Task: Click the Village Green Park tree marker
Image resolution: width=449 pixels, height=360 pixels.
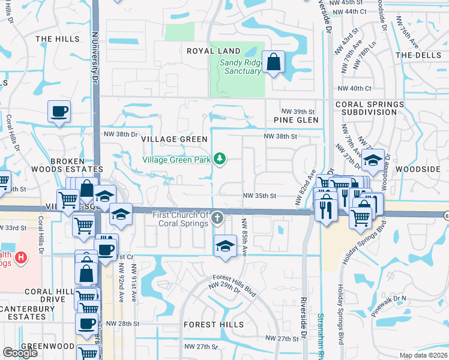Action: point(220,158)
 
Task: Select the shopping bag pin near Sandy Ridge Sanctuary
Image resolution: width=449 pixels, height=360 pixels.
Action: point(274,62)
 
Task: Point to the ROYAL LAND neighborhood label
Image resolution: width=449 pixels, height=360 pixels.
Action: point(213,51)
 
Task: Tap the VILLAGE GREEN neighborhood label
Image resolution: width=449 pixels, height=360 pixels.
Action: point(174,139)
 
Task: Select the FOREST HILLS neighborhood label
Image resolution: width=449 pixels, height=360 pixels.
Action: point(214,325)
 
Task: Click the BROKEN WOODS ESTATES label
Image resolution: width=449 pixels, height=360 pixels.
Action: point(76,165)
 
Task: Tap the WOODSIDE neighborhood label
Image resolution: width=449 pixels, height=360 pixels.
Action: point(418,170)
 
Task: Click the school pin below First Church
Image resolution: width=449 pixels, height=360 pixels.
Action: point(225,246)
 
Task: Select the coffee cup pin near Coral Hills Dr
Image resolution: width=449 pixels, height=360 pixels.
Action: point(59,112)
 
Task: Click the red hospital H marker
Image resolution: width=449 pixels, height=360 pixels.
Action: point(21,259)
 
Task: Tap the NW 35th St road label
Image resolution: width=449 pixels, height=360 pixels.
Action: point(259,196)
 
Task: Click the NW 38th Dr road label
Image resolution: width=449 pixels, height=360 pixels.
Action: point(121,134)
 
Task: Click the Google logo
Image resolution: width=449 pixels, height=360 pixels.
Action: point(20,353)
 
